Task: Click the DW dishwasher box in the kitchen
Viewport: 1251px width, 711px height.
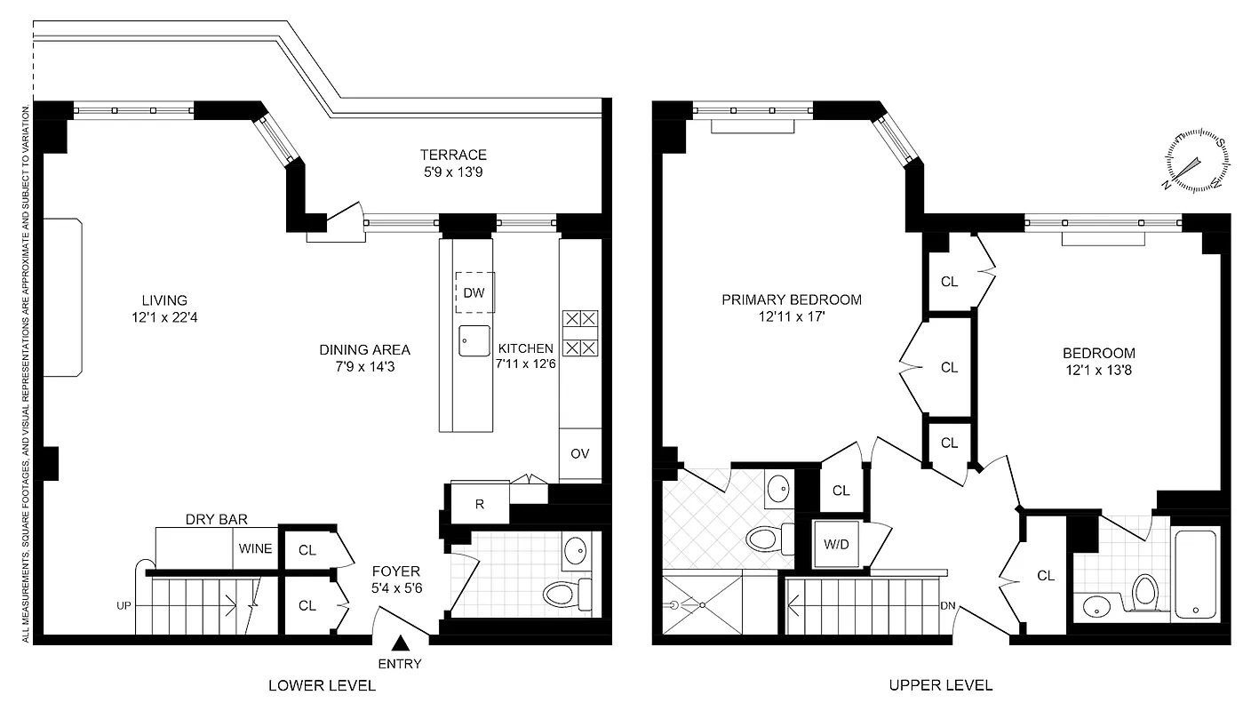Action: [474, 292]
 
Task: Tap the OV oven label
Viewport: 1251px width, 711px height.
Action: [580, 453]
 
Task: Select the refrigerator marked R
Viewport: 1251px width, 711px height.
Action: [480, 504]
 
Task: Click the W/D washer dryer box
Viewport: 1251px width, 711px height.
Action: [835, 543]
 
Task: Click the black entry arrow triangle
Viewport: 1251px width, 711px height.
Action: [401, 643]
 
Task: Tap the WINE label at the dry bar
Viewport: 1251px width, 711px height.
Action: [255, 548]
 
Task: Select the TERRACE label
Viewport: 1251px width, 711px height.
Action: [453, 155]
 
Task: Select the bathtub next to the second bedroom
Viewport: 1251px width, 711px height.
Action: [1196, 573]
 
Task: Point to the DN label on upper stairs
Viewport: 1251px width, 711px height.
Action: [948, 606]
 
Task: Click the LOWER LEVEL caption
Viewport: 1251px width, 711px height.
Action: [322, 685]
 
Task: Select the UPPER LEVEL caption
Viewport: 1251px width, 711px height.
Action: [941, 685]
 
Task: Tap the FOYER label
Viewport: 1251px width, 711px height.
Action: [395, 571]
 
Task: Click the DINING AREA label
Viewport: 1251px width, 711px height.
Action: [364, 349]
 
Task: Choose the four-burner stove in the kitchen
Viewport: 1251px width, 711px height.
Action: [580, 332]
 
